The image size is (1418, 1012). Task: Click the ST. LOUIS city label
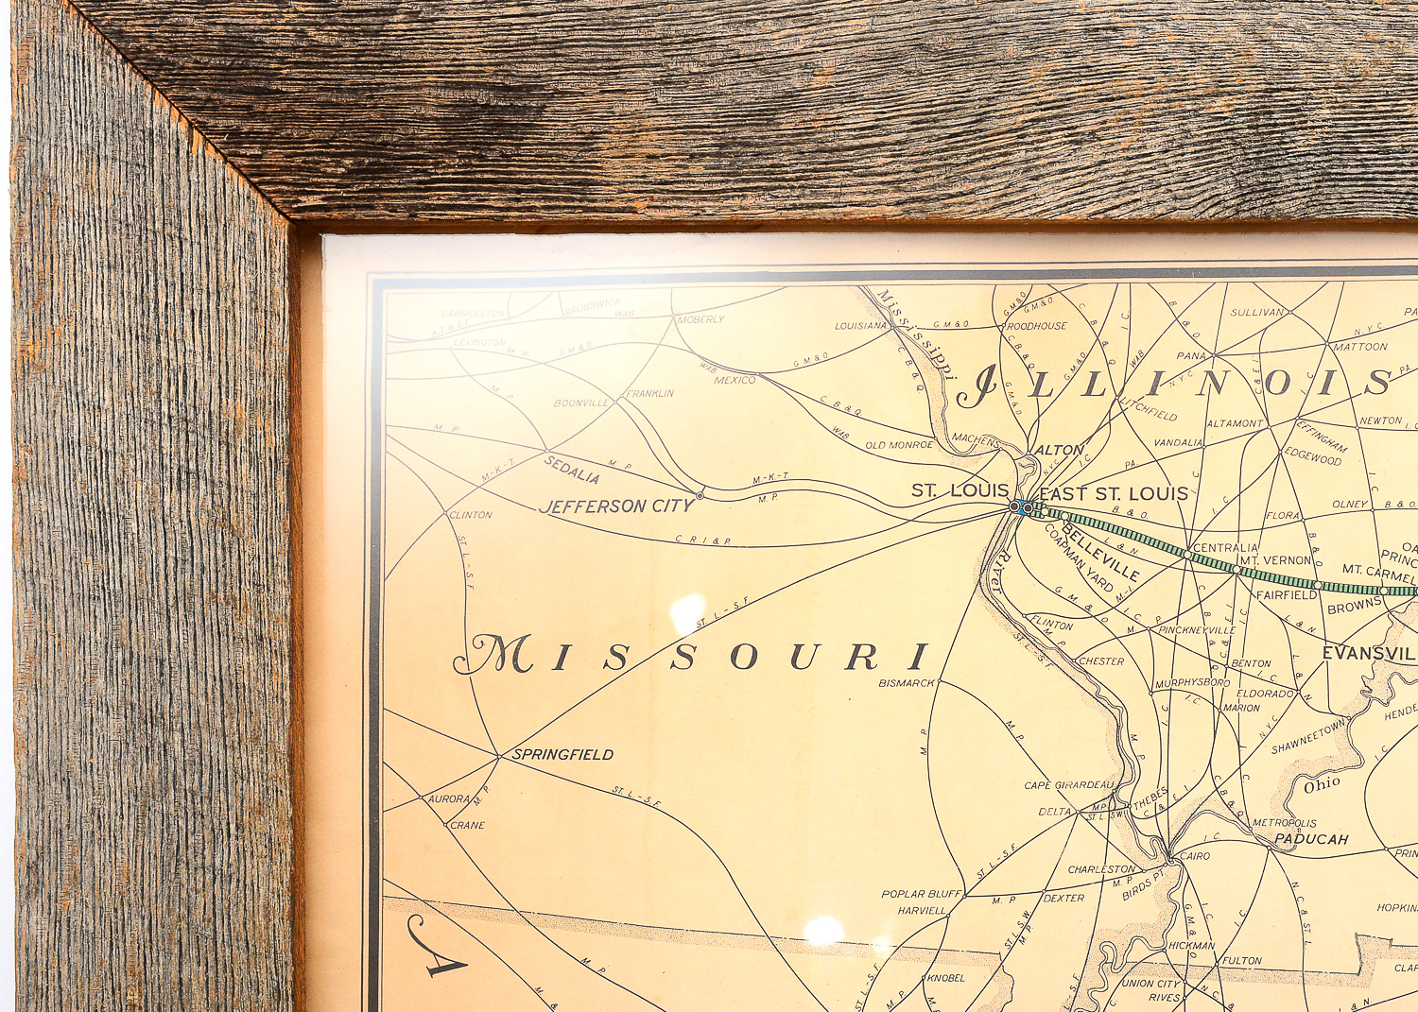pos(960,490)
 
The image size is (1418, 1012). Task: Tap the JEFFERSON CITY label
pos(616,506)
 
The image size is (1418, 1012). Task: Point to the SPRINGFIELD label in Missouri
pos(562,754)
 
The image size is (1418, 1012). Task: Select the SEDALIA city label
pos(571,469)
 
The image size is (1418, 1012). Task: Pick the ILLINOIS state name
pos(1172,384)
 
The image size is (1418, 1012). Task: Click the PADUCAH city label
pos(1310,839)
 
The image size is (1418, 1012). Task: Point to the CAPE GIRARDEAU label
pos(1069,785)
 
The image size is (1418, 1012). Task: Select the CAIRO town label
pos(1194,856)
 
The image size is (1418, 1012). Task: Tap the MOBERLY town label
pos(700,319)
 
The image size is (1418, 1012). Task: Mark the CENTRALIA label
pos(1225,548)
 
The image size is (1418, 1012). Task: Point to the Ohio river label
pos(1322,784)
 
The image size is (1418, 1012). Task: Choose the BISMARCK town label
pos(906,682)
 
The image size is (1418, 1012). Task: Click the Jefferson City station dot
pos(700,495)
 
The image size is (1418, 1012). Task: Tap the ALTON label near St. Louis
pos(1059,450)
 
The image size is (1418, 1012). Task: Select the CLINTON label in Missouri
pos(471,515)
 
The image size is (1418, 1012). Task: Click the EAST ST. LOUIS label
pos(1113,493)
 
